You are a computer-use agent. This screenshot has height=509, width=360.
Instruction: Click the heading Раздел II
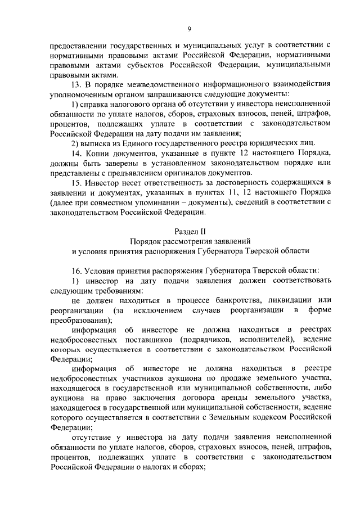click(x=190, y=232)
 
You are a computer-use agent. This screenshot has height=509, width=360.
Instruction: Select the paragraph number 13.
click(x=77, y=84)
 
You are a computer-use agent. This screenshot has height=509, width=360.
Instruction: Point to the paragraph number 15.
click(x=77, y=182)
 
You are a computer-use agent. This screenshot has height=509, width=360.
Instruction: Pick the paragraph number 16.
click(x=77, y=270)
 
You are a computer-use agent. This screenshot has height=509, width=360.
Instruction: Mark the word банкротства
click(x=215, y=299)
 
